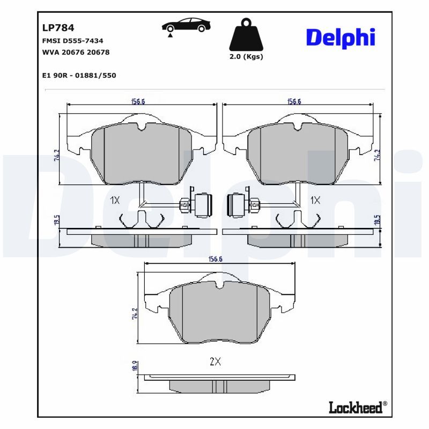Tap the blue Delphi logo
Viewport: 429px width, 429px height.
pos(340,37)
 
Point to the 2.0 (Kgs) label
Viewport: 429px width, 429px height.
pos(246,57)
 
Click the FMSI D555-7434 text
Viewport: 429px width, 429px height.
pos(72,41)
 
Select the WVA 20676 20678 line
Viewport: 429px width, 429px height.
pos(76,52)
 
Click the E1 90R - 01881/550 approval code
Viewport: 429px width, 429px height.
pos(79,75)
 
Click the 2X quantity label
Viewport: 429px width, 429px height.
pos(215,362)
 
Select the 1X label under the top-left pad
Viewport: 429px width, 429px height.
pos(114,201)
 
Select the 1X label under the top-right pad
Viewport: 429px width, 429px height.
pos(315,201)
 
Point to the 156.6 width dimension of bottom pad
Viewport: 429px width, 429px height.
pos(214,260)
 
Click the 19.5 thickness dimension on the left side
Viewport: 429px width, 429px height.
pos(57,221)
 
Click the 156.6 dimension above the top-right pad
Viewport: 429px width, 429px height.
pos(294,101)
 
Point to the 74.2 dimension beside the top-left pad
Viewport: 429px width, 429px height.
pos(56,156)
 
